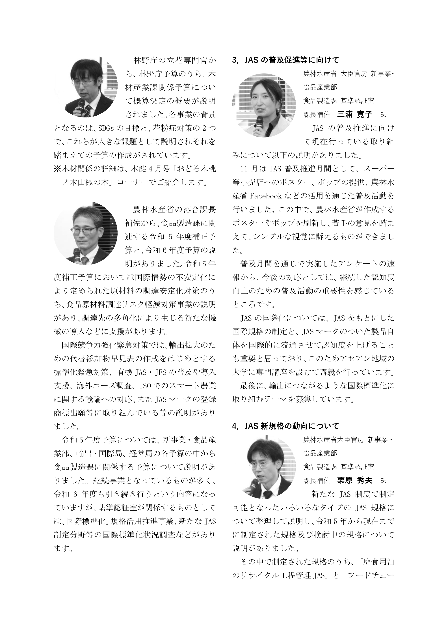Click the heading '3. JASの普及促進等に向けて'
tap(285, 60)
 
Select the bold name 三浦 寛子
tap(354, 114)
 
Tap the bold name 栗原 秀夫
tap(354, 480)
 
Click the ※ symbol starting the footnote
tap(57, 169)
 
